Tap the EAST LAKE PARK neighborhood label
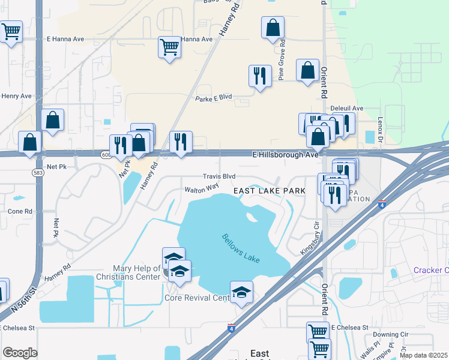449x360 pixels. [x=270, y=191]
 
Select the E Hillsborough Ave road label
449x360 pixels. [x=285, y=155]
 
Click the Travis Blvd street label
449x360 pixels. [x=218, y=177]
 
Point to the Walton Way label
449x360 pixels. [x=201, y=188]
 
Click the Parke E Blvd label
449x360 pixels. [x=213, y=98]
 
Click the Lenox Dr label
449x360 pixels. [x=380, y=128]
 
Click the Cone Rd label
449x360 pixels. [x=20, y=212]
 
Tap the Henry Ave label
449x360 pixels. [x=16, y=96]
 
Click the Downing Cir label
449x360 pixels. [x=390, y=335]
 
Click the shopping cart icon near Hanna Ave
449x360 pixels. [x=170, y=46]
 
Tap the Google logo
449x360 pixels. [x=20, y=353]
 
